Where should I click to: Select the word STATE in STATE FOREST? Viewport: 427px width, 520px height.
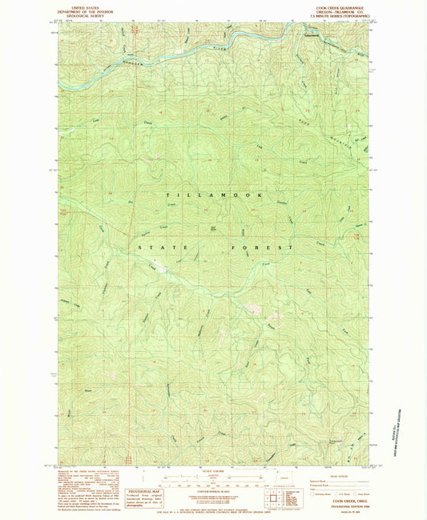pos(152,248)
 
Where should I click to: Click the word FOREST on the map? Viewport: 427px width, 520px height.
pos(265,248)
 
